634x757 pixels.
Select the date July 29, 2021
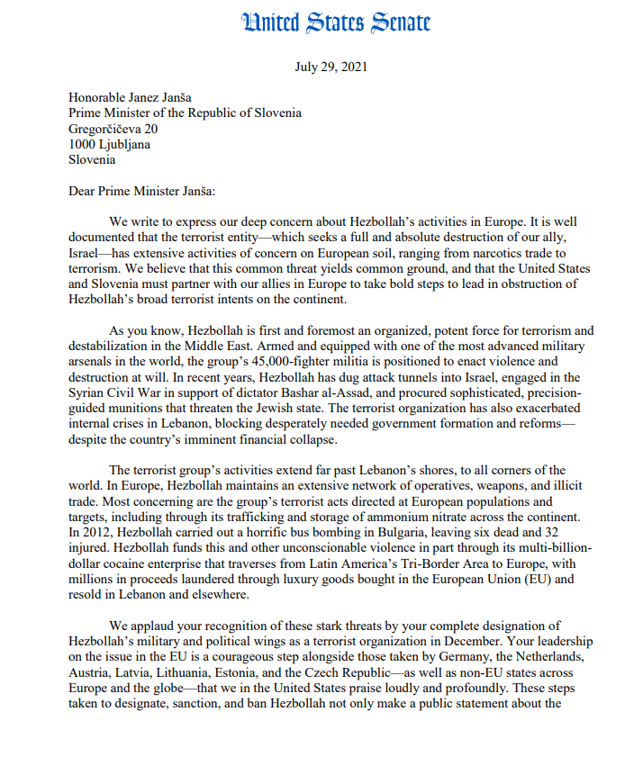click(x=331, y=68)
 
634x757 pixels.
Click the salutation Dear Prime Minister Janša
click(x=142, y=191)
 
